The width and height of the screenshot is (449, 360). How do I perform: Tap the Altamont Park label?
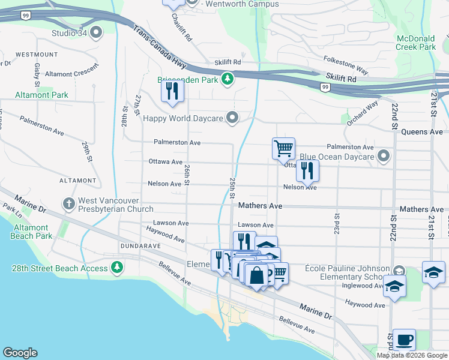(43, 95)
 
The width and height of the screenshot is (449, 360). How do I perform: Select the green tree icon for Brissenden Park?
(227, 79)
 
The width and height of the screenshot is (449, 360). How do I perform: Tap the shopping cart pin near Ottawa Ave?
(283, 148)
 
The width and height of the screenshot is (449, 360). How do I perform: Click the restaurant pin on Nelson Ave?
(307, 170)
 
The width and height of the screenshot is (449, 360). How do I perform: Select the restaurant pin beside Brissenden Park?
(172, 91)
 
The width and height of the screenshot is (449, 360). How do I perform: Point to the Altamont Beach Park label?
(31, 232)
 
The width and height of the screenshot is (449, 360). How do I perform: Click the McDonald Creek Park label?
(415, 42)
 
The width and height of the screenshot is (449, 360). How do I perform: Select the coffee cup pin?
(404, 340)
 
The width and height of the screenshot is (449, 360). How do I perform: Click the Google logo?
(20, 353)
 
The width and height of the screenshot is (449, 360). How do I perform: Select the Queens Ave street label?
(423, 132)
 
